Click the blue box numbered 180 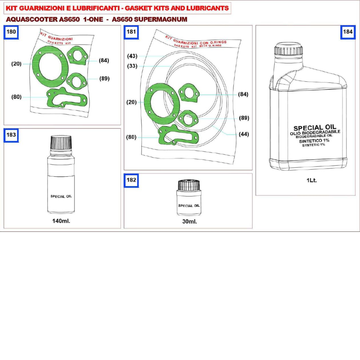tap(11, 32)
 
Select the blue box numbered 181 tap(131, 32)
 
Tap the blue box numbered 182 tap(131, 180)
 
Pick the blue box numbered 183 tap(11, 135)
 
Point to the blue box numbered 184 tap(348, 32)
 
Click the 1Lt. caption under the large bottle tap(311, 180)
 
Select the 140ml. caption tap(61, 221)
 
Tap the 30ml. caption tap(189, 221)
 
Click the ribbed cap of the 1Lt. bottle tap(288, 49)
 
